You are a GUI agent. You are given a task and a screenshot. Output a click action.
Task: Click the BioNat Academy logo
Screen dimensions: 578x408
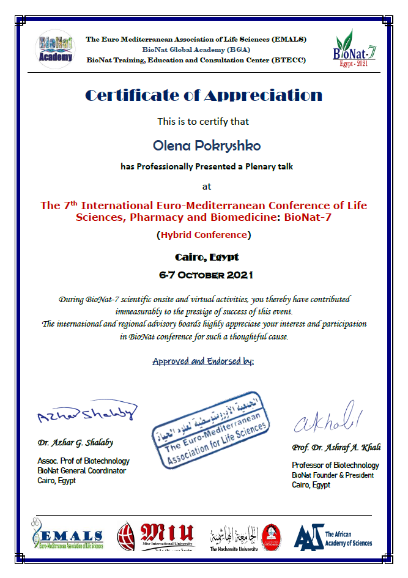pos(55,47)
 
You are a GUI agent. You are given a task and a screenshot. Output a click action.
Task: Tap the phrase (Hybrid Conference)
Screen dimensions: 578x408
pos(204,235)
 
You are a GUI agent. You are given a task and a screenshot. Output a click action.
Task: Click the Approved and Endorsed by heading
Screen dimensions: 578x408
pos(203,361)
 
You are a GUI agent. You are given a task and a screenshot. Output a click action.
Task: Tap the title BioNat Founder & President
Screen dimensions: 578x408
pos(333,475)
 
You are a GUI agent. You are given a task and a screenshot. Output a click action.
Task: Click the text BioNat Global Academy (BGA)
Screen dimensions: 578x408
pos(196,50)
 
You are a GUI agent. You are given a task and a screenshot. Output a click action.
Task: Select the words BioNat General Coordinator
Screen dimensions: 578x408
pos(81,471)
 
